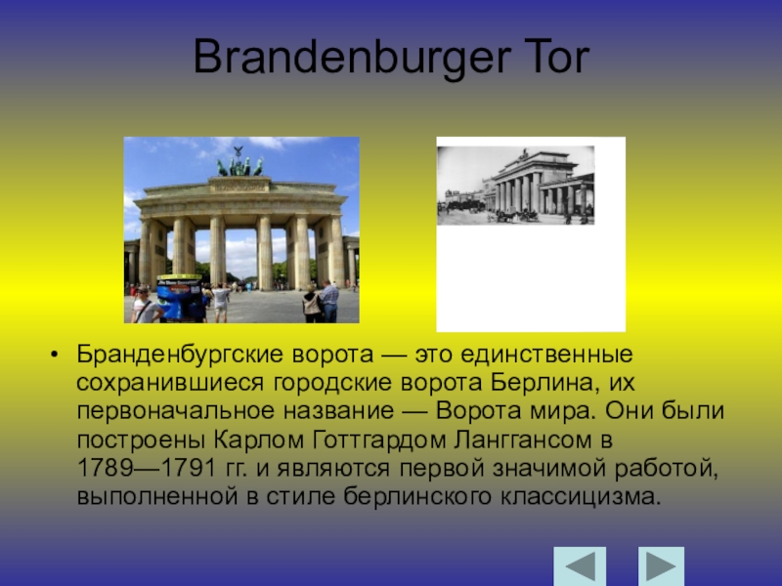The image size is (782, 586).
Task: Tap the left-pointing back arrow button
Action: coord(580,566)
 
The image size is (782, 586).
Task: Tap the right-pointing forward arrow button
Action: coord(661,566)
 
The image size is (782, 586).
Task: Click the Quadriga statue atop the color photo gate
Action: coord(239,163)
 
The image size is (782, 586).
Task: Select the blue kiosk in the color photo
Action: coord(179,298)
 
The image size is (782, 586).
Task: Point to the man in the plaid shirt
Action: coord(329,301)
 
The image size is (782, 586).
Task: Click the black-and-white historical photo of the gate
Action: coord(516,186)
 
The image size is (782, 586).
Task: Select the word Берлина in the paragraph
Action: coord(542,383)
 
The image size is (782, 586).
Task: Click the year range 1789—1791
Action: coord(147,468)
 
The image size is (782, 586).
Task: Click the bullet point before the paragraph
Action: coord(54,355)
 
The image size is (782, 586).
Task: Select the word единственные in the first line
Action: coord(546,355)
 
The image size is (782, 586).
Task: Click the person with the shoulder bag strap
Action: coord(145,305)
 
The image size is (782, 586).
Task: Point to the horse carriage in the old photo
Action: coord(515,216)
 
